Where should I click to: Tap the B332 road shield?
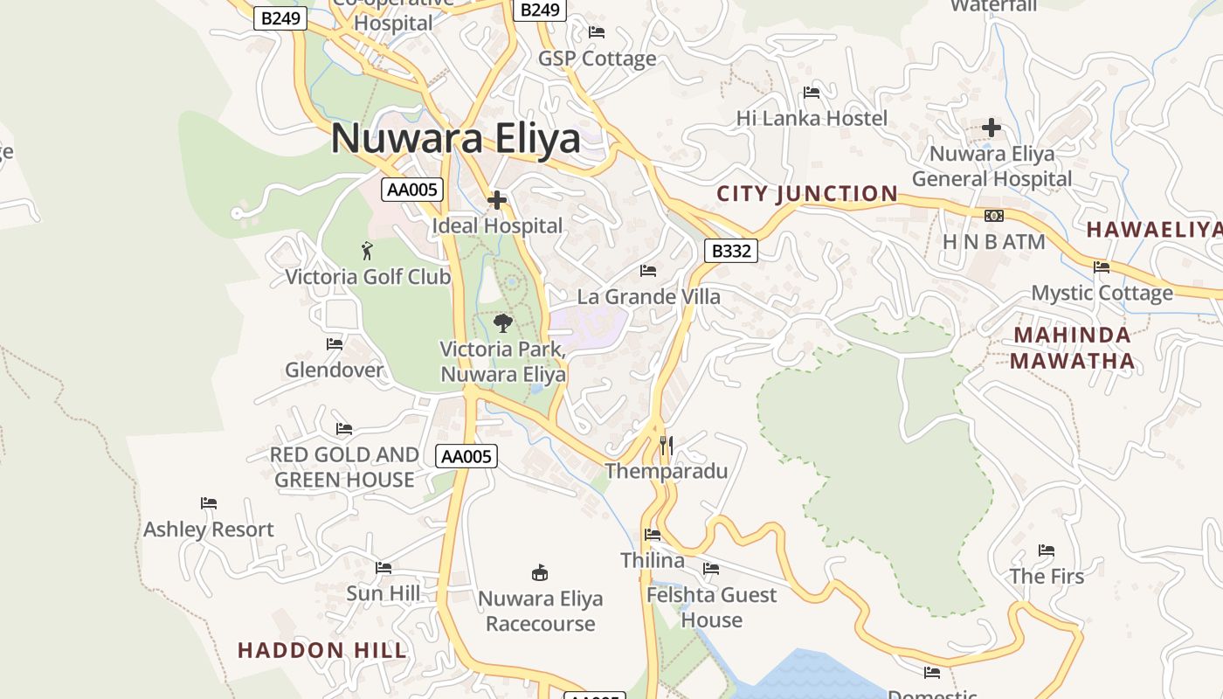pos(730,252)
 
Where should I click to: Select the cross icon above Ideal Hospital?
pos(497,201)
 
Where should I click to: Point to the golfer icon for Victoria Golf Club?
pos(367,252)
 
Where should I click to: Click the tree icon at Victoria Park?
pos(502,323)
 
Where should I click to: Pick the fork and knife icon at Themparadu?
pos(666,446)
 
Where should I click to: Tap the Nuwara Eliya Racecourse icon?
pos(540,573)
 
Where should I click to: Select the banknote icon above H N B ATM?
pos(993,216)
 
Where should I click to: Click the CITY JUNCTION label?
pos(807,194)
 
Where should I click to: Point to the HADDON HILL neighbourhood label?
pos(322,650)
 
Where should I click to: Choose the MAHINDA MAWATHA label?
pos(1072,348)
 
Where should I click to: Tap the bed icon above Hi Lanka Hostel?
pos(812,93)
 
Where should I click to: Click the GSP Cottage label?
pos(597,59)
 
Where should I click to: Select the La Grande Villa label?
pos(649,297)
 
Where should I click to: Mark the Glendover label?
pos(334,370)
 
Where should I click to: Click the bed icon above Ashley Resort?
pos(208,503)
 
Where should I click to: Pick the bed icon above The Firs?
pos(1046,550)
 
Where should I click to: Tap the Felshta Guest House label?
pos(711,607)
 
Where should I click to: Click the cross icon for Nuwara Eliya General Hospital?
pos(991,128)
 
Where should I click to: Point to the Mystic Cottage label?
pos(1102,294)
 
